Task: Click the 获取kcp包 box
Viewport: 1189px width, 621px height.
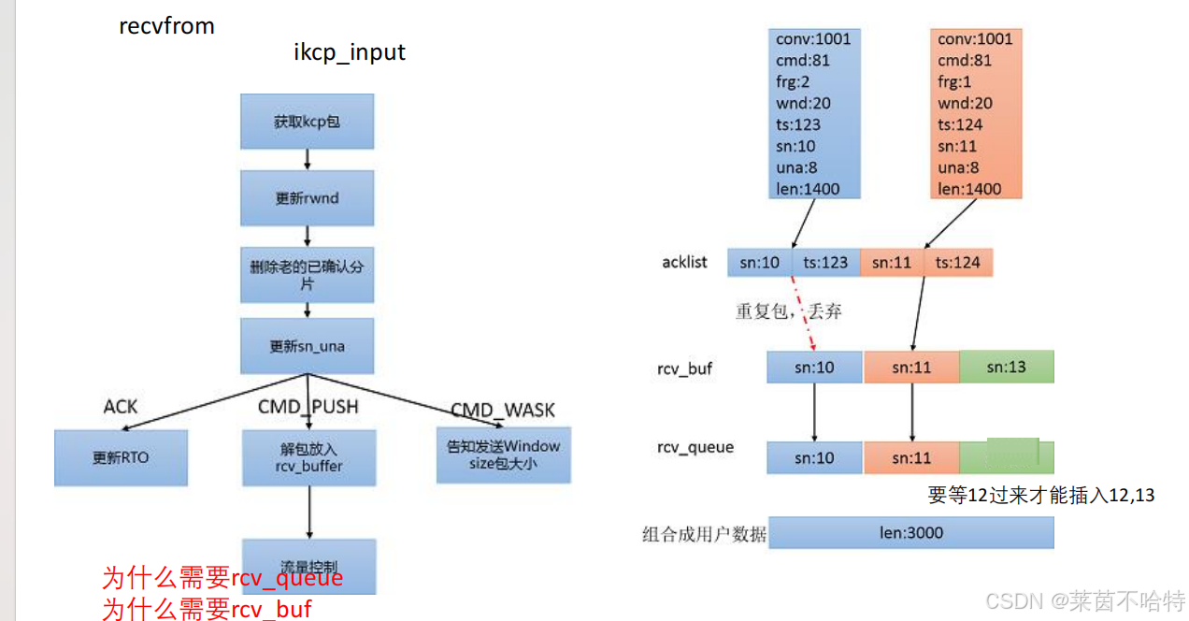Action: [307, 121]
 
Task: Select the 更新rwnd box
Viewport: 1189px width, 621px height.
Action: [307, 198]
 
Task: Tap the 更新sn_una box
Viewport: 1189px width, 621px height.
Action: [307, 345]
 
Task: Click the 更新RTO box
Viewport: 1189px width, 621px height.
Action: [121, 457]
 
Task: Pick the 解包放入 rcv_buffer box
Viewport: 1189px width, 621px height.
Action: [309, 457]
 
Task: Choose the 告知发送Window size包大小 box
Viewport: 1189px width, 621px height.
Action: [503, 455]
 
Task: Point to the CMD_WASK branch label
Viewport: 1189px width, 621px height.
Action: [502, 410]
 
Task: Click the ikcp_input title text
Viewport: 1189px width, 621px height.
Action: [350, 51]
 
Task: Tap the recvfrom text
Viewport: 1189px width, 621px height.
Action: [166, 25]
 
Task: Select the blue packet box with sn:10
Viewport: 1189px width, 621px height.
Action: [812, 113]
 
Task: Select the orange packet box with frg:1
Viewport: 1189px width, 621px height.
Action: [975, 113]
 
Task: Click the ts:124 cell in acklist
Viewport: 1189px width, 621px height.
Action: [958, 262]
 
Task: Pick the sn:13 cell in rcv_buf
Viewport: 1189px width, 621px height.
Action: [1006, 367]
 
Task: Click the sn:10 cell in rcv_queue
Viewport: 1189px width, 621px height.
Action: [814, 458]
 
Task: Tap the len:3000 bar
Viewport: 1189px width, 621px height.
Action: [910, 533]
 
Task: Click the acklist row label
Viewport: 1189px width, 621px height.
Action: [684, 262]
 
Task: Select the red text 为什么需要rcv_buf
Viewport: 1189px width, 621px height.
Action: [207, 609]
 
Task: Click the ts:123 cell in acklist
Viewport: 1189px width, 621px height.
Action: [825, 262]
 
